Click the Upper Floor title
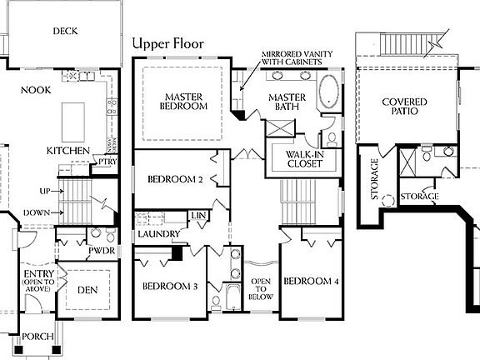click(x=167, y=43)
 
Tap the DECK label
click(x=65, y=31)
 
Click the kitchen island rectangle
click(x=74, y=113)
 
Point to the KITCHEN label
click(x=67, y=150)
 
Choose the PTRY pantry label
click(x=107, y=162)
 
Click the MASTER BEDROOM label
click(x=185, y=101)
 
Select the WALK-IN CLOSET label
click(x=303, y=159)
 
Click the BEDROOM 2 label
click(x=176, y=179)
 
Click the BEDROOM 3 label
click(x=169, y=287)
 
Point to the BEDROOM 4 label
click(x=311, y=281)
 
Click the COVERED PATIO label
click(x=405, y=107)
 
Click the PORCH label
click(x=38, y=337)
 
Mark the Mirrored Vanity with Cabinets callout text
click(x=293, y=57)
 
